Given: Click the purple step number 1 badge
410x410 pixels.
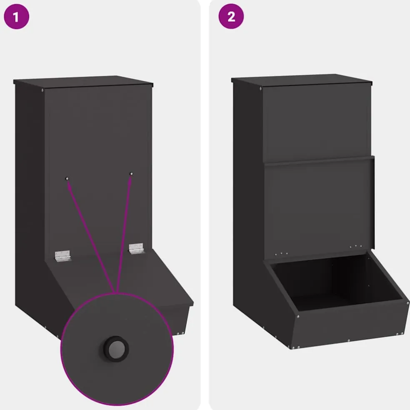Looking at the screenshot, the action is tap(17, 16).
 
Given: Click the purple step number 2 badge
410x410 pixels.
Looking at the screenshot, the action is tap(231, 16).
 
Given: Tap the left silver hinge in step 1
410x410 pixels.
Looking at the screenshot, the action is tap(62, 256).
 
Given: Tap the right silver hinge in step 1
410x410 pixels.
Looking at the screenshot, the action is tap(136, 248).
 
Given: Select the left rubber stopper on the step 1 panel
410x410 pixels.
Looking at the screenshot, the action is tap(67, 179).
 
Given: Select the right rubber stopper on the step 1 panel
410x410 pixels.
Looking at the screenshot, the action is tap(131, 174).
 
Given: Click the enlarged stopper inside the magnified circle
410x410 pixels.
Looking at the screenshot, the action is tap(116, 349).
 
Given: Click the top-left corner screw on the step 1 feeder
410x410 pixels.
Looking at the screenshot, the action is tap(42, 90).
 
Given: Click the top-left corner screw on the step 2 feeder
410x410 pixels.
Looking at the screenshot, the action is tap(260, 89).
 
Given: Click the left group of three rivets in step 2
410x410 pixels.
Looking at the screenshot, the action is tap(281, 254).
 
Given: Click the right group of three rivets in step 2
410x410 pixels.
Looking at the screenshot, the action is tap(355, 246).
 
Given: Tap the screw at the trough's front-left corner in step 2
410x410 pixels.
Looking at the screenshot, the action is tap(298, 317).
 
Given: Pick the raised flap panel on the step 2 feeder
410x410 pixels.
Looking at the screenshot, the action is tap(320, 208).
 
